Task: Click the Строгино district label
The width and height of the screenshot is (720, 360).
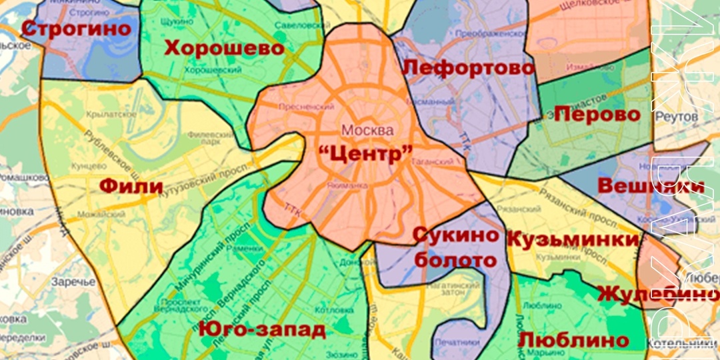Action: click(76, 29)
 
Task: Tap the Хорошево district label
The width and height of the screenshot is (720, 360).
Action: click(224, 48)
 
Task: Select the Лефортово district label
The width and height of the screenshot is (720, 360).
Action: click(469, 68)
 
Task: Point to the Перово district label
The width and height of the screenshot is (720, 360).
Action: click(597, 114)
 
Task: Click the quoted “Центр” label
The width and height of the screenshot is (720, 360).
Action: click(365, 154)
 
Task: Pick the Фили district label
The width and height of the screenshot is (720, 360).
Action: click(131, 185)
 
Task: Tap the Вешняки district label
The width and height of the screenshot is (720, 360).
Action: click(651, 186)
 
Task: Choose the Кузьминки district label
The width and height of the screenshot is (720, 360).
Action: click(573, 239)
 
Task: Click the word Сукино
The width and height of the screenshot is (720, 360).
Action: click(456, 235)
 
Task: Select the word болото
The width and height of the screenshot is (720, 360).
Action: click(457, 259)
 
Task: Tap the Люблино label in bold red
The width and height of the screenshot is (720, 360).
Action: click(573, 339)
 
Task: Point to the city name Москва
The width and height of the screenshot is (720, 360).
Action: click(367, 129)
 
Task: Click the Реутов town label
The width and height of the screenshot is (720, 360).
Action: click(676, 117)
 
